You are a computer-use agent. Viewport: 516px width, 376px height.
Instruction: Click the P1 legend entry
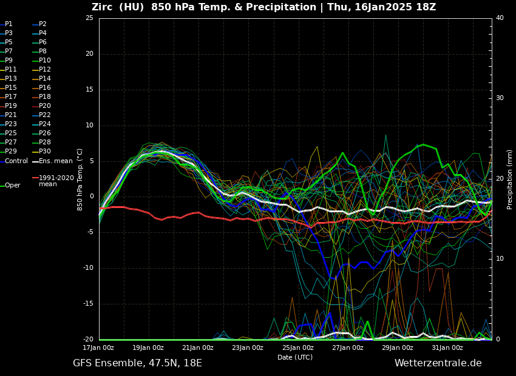coord(8,24)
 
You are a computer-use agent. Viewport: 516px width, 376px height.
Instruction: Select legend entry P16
coord(44,88)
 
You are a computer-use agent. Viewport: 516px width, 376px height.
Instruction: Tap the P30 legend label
coord(44,152)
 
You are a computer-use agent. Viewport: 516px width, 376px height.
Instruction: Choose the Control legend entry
coord(16,161)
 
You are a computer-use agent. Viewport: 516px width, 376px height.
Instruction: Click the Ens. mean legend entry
coord(55,161)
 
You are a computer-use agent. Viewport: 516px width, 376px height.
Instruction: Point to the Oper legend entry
coord(12,186)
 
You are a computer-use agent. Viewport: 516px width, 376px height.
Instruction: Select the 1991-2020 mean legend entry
coord(56,181)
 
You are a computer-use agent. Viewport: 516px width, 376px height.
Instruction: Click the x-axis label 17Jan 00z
coord(98,348)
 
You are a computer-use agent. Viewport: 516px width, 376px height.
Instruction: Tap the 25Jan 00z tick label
coord(298,348)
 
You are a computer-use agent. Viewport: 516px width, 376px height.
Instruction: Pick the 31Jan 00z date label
coord(447,348)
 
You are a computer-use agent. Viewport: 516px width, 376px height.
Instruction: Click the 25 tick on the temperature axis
coord(89,18)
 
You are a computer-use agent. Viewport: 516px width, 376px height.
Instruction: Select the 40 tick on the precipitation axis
coord(500,18)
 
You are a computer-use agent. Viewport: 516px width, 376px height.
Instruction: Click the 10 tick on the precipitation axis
coord(500,259)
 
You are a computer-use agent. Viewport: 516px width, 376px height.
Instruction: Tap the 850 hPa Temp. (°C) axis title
coord(80,180)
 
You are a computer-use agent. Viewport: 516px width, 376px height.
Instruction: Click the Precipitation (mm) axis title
coord(510,180)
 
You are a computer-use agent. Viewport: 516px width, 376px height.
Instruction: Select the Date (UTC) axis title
coord(295,358)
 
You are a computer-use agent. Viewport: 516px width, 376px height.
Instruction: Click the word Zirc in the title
coord(104,7)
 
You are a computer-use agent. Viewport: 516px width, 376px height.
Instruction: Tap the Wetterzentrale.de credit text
coord(438,363)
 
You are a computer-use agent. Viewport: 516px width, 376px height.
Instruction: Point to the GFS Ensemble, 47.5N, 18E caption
coord(137,363)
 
